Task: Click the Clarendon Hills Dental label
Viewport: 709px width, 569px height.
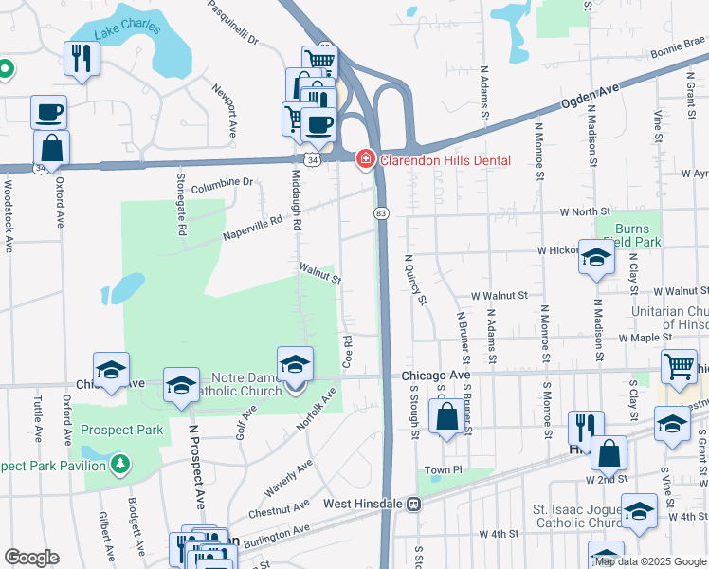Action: [445, 160]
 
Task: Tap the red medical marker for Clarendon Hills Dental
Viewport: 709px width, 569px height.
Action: [365, 159]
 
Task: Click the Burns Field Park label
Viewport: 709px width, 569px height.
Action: [632, 235]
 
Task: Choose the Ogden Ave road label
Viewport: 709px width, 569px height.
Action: [593, 95]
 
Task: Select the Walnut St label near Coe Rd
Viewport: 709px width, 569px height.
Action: [320, 275]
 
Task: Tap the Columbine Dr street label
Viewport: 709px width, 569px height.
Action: [223, 181]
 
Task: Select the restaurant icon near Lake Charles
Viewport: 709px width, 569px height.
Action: [81, 59]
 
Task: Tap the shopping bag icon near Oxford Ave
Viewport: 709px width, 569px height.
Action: [51, 148]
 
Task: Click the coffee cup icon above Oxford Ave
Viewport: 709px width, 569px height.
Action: [48, 113]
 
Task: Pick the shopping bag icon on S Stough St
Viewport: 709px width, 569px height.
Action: [445, 416]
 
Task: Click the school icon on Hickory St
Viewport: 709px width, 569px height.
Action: [596, 256]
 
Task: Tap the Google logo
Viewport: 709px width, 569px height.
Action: [31, 558]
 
